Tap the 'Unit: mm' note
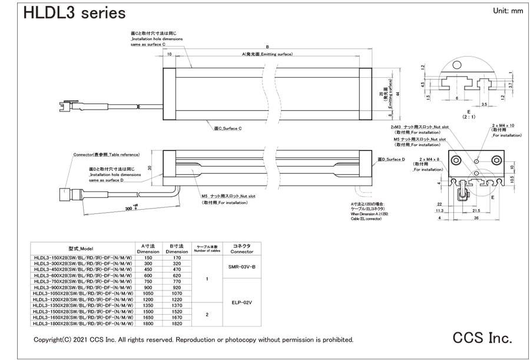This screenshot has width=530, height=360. [506, 11]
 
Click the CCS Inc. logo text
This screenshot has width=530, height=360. [482, 338]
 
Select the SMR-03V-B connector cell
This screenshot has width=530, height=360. [241, 267]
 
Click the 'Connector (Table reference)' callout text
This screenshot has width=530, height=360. [106, 154]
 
